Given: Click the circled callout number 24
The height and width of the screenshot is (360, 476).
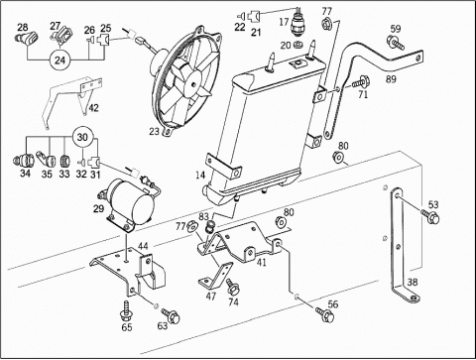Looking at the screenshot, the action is (x=60, y=60).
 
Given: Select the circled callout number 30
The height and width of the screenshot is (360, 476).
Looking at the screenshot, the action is (x=82, y=137).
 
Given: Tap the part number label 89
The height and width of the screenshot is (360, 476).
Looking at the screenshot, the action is (x=391, y=79).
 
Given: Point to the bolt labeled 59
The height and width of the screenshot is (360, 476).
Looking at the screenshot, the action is (x=395, y=44).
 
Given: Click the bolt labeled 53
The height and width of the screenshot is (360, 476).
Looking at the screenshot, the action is (x=430, y=216).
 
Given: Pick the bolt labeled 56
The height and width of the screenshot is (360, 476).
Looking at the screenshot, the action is (x=325, y=315).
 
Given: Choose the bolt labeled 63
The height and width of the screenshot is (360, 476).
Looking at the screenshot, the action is (x=171, y=315).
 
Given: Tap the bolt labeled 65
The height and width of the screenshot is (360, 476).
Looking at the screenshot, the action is (x=127, y=310).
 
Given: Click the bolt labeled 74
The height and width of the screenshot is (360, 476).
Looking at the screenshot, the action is (x=233, y=287).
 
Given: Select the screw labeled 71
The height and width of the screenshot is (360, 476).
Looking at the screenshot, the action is (x=361, y=81).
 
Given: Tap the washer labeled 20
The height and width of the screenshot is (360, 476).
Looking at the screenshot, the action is (x=297, y=44).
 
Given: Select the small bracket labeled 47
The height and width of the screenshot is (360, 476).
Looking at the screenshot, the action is (x=215, y=276).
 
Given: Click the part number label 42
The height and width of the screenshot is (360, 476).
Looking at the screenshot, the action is (x=94, y=108).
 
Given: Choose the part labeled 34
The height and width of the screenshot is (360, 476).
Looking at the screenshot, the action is (x=23, y=161).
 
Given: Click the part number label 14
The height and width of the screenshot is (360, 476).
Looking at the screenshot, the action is (x=200, y=175).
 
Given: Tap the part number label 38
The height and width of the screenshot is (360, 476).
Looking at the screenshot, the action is (x=413, y=282).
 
